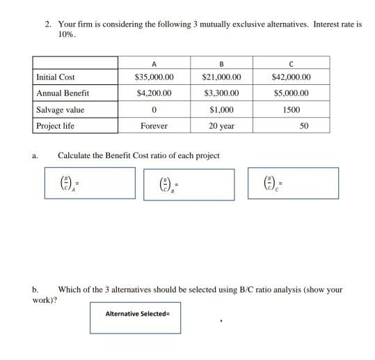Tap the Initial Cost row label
56,77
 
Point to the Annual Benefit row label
63,93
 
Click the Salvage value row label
60,109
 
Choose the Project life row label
55,126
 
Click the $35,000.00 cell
153,77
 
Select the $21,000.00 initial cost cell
221,77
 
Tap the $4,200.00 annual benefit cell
153,93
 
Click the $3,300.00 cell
221,93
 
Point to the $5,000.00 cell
292,93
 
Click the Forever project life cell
153,126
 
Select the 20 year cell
221,126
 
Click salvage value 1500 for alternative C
292,109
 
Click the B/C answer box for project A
89,183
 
